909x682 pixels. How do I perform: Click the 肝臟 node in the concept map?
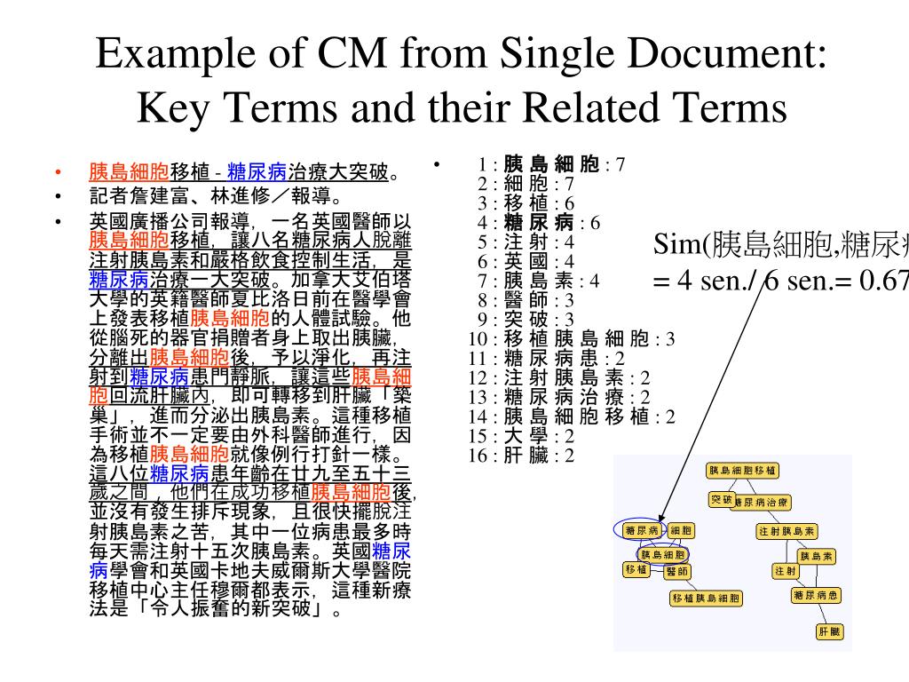click(828, 632)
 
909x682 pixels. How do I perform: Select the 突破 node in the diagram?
click(721, 500)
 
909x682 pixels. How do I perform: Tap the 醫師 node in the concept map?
click(676, 571)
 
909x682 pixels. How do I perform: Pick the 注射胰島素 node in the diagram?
click(786, 532)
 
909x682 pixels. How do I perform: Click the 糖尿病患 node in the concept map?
click(815, 595)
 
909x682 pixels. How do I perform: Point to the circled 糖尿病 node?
click(641, 530)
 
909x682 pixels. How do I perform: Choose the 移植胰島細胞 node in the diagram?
click(706, 599)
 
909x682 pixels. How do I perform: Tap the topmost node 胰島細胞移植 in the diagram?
click(743, 469)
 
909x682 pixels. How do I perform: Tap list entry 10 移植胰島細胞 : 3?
click(572, 338)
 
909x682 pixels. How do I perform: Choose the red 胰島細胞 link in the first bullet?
click(129, 171)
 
